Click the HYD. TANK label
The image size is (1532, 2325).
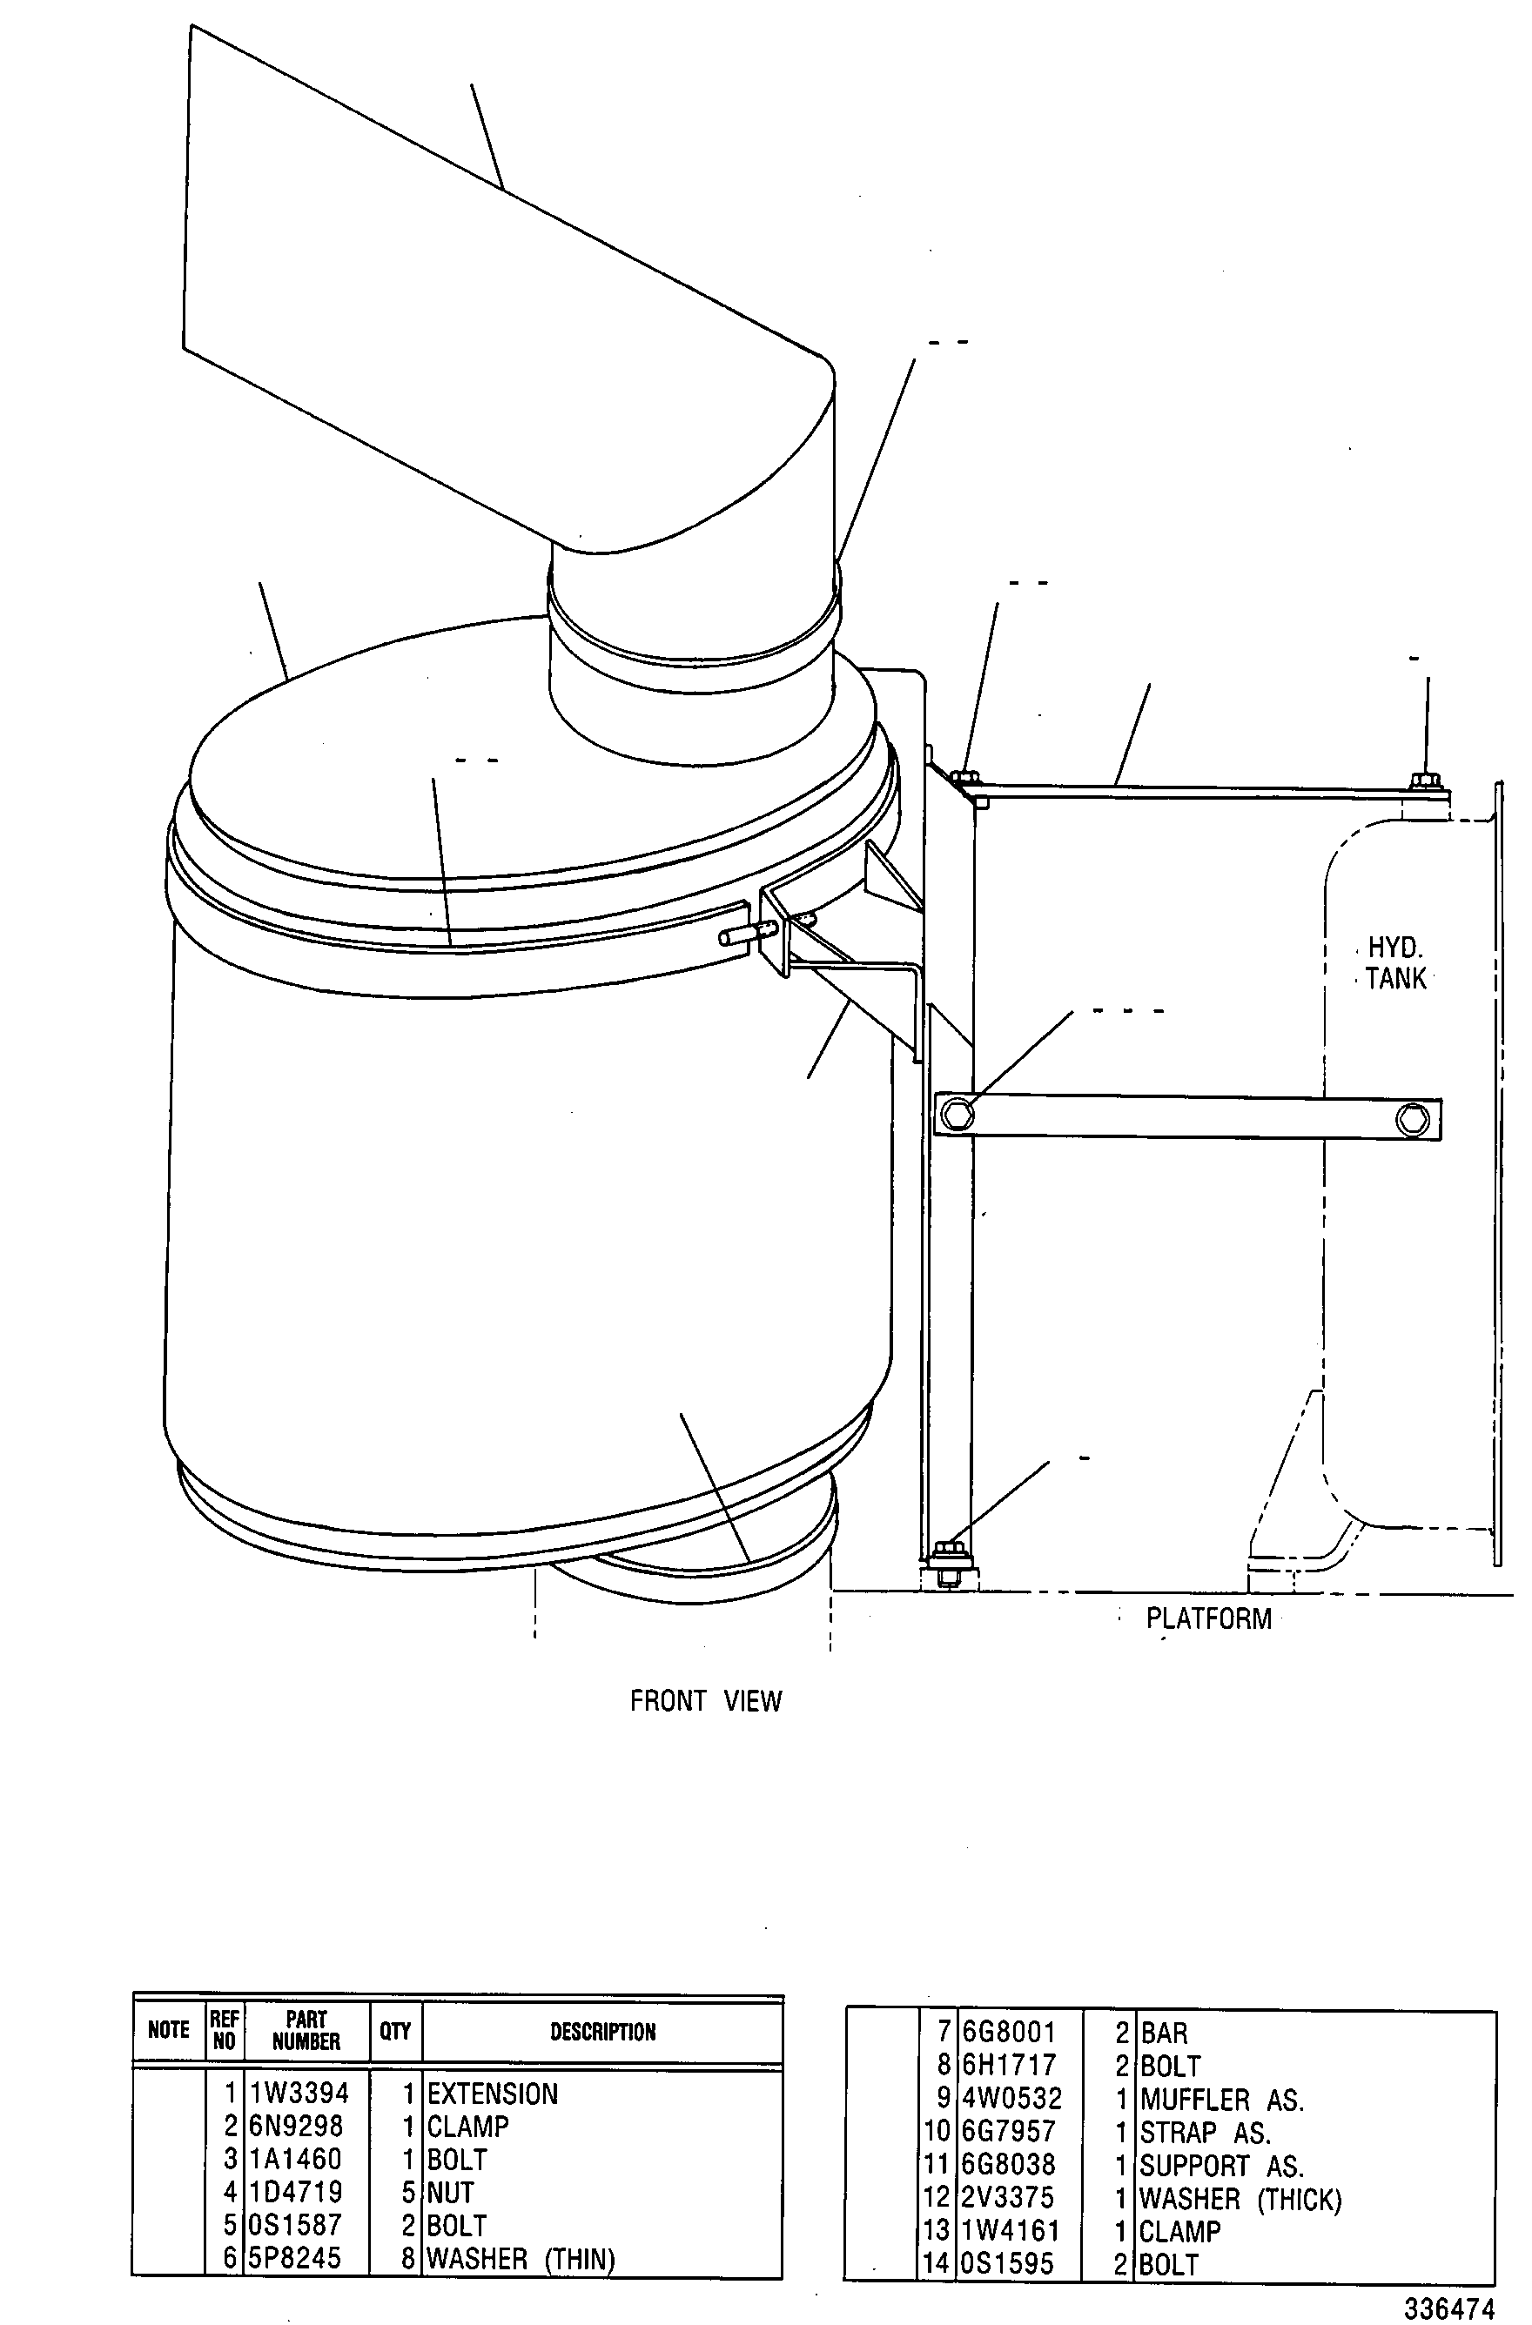coord(1395,963)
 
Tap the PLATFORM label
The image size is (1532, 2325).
coord(1208,1618)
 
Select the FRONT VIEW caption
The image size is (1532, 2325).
coord(705,1701)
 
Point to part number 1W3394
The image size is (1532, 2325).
coord(299,2094)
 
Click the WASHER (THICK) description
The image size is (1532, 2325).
coord(1241,2199)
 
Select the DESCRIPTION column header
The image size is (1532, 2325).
coord(603,2032)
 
